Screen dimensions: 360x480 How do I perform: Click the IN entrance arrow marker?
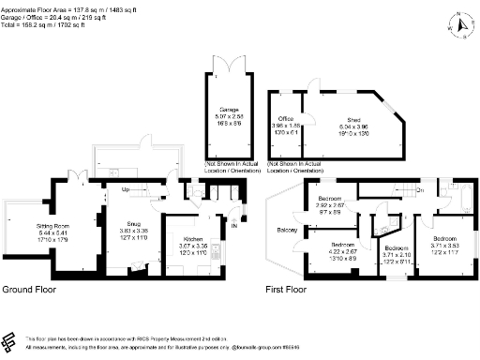(x=234, y=226)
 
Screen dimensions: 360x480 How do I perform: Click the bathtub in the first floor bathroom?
(x=463, y=196)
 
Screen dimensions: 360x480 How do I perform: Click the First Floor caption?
(x=288, y=291)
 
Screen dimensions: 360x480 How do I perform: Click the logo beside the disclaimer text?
(x=8, y=338)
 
